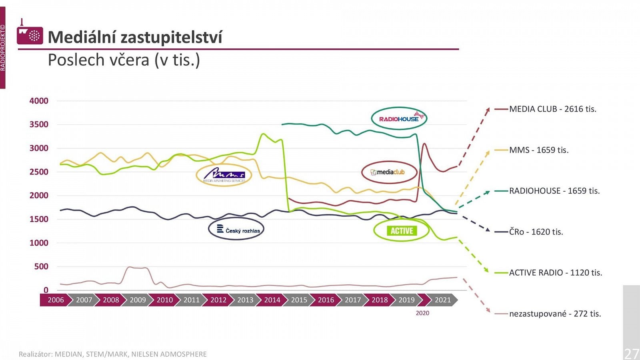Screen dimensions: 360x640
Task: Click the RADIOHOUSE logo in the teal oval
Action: click(x=399, y=118)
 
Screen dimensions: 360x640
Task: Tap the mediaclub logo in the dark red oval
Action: click(x=389, y=172)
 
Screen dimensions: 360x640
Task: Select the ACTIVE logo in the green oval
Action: click(x=402, y=231)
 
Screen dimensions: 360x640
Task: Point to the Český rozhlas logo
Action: click(x=236, y=230)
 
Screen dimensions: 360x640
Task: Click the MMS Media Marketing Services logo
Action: click(x=224, y=175)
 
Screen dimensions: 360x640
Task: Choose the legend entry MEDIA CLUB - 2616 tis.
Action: click(x=552, y=109)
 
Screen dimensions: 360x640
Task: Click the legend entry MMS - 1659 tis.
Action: click(x=538, y=150)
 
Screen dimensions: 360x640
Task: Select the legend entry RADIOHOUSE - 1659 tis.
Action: click(x=554, y=191)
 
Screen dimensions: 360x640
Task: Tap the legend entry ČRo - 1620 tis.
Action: click(x=536, y=232)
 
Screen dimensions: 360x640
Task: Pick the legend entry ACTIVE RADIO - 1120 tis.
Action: click(x=555, y=273)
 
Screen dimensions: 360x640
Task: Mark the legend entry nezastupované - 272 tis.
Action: click(x=555, y=314)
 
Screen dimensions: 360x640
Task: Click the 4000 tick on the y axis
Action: click(x=39, y=101)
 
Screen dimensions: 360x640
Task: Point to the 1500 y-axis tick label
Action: click(x=39, y=219)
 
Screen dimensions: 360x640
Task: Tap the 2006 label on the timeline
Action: click(x=56, y=300)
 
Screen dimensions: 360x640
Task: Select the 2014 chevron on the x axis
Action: click(x=272, y=300)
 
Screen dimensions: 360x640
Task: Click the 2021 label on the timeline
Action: click(x=442, y=300)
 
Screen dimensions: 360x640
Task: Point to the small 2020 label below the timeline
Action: click(x=422, y=313)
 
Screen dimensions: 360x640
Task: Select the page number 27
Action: click(x=632, y=354)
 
